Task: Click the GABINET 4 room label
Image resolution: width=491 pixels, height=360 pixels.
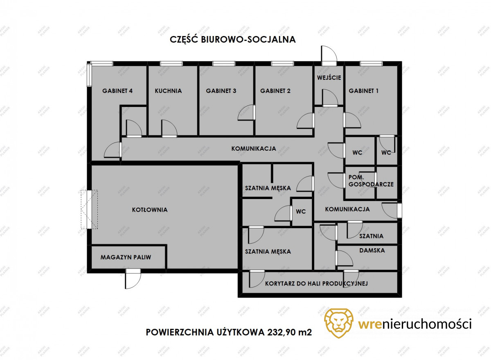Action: tap(117, 91)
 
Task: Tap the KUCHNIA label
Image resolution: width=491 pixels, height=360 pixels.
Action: tap(168, 91)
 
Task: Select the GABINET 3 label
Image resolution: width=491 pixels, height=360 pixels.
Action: tap(221, 91)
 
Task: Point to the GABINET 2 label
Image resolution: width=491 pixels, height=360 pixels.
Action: tap(275, 91)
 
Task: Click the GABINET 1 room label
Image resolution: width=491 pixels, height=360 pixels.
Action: tap(363, 91)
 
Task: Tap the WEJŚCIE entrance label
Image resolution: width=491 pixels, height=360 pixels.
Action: tap(329, 77)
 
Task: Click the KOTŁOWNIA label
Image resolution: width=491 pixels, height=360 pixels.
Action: tap(150, 210)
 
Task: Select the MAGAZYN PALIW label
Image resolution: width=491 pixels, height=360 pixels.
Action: tap(126, 257)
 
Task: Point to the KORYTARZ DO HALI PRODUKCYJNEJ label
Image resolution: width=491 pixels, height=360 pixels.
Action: tap(316, 283)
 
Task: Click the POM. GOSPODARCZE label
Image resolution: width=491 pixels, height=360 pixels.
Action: tap(371, 181)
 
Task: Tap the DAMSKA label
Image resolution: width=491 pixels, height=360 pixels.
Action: tap(372, 250)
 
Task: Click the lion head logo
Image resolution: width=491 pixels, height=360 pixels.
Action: tap(339, 323)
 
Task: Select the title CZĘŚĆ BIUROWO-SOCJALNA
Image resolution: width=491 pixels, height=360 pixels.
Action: tap(232, 39)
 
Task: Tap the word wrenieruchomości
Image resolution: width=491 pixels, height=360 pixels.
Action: tap(415, 324)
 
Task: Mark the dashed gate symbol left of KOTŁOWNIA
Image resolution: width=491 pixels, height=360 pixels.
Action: tap(89, 210)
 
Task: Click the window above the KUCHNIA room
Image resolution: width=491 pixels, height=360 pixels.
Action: tap(171, 63)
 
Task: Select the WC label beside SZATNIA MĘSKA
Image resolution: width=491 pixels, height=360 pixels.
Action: tap(301, 211)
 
